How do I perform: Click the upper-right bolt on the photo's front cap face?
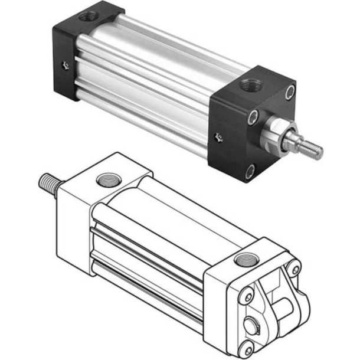(x=289, y=91)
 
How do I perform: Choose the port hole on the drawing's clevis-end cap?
(x=243, y=259)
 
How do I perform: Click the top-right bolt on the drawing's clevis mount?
(x=293, y=270)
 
